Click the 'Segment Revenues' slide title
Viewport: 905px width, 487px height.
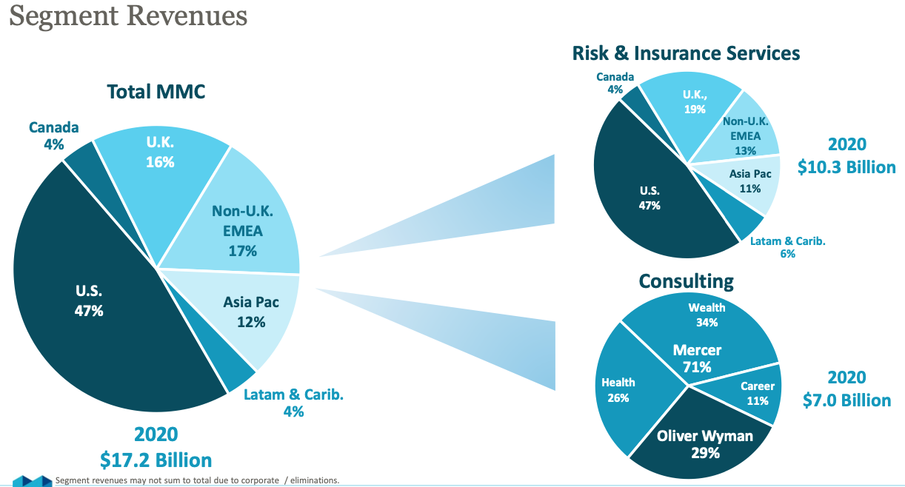tap(128, 17)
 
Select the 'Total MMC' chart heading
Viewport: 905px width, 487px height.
tap(156, 92)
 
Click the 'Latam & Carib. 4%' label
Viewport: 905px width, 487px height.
tap(293, 403)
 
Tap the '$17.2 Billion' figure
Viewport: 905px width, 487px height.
tap(156, 460)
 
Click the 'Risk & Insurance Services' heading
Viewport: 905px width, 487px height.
tap(686, 53)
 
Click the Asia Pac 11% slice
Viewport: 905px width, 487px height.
tap(750, 181)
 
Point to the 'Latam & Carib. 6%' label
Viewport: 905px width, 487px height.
tap(787, 247)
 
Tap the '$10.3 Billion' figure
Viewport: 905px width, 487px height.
tap(846, 167)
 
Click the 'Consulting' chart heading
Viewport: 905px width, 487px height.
tap(686, 281)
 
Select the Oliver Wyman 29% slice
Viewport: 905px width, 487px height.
tap(704, 443)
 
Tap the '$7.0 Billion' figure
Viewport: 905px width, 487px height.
tap(846, 400)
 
